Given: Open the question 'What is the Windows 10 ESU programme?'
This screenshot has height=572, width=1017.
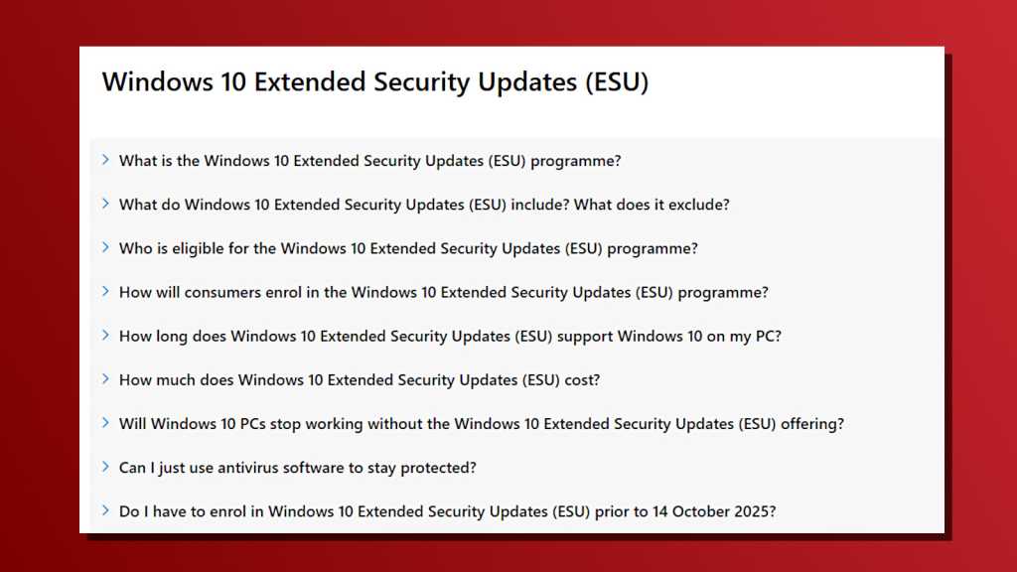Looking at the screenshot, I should [369, 161].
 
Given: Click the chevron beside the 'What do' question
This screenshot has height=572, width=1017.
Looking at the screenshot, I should [105, 204].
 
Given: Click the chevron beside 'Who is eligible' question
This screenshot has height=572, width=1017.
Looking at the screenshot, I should [105, 247].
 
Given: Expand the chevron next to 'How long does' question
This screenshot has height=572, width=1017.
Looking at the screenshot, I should [105, 335].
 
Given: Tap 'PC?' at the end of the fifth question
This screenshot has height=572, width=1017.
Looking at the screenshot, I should [768, 336].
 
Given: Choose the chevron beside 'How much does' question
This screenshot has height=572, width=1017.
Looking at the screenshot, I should [105, 378].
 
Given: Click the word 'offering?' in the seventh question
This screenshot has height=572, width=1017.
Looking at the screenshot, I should [811, 423].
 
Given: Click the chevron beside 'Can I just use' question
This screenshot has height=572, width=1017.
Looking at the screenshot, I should [105, 466].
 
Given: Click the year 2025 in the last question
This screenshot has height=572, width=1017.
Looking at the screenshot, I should [755, 510].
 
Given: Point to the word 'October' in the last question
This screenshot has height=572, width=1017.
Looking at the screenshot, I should [700, 510].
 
